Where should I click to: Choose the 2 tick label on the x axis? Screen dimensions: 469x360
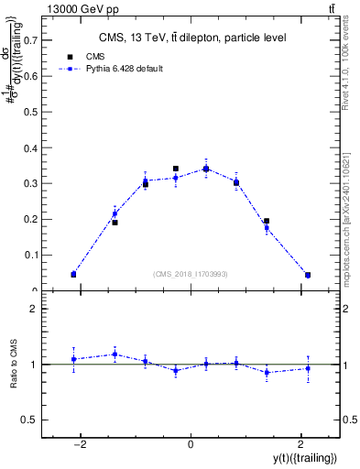click(x=300, y=444)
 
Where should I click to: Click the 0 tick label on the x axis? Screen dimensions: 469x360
click(x=191, y=444)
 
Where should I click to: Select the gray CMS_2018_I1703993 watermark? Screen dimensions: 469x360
click(x=191, y=274)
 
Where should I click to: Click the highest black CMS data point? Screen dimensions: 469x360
click(x=176, y=169)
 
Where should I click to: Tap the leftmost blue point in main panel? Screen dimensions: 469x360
click(x=73, y=274)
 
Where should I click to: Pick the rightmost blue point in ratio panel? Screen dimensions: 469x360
click(x=308, y=368)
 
